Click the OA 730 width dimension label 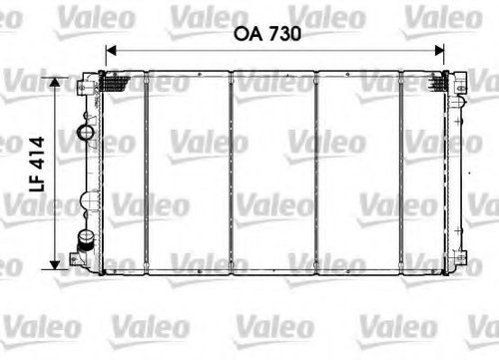(267, 34)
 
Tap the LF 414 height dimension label (37, 165)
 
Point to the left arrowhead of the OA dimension (111, 51)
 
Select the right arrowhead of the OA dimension (439, 51)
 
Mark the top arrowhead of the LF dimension (55, 82)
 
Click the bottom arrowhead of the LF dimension (55, 264)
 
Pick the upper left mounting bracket (84, 85)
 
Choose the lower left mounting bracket (77, 259)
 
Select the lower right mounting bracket (460, 257)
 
